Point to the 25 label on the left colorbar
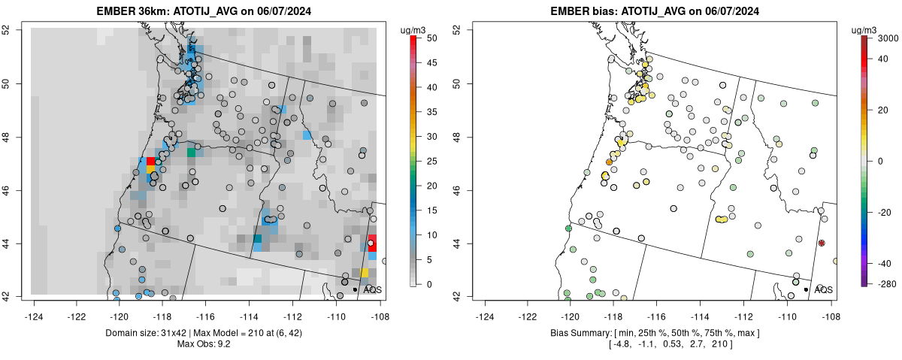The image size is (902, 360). pos(433,161)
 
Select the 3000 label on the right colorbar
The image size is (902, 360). pos(886,37)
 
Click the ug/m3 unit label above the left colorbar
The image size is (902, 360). pos(413,30)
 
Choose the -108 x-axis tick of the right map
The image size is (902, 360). pos(830,308)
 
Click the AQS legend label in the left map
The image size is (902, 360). pos(372,289)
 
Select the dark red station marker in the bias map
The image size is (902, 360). pos(822,243)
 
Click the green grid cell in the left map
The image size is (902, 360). pos(191,153)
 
